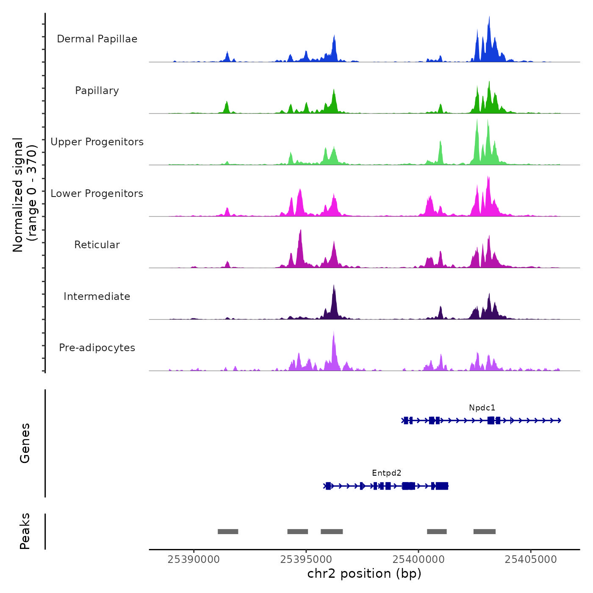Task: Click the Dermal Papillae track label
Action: pos(97,39)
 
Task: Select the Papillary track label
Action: pos(97,91)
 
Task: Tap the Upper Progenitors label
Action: pos(97,142)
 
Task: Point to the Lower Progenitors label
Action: pos(97,194)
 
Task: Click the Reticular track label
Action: pos(97,245)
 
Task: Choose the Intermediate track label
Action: pos(97,296)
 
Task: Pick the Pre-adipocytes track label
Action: pos(97,348)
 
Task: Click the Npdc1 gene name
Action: pos(482,408)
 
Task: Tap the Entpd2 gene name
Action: pos(386,473)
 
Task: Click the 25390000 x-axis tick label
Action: pos(194,560)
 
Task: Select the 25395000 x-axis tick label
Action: pos(306,560)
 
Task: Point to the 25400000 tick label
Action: pos(418,560)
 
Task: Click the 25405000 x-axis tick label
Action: pos(531,560)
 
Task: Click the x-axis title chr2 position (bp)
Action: pos(364,574)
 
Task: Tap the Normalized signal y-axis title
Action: pos(25,195)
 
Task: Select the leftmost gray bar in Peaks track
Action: pos(228,532)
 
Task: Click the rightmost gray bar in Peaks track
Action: pos(485,532)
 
